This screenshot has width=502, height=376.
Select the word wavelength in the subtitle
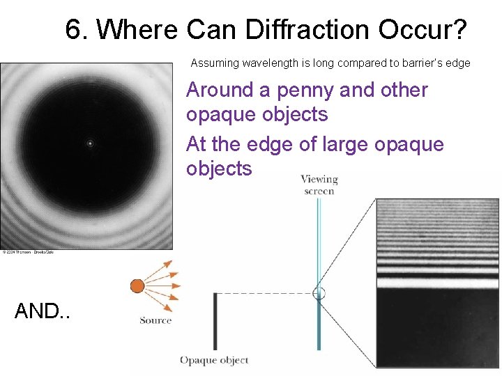267,63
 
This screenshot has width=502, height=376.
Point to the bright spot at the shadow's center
89,144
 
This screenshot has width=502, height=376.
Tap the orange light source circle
137,285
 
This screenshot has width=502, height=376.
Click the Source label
155,320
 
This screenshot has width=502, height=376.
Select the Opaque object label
214,360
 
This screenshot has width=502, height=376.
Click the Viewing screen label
319,185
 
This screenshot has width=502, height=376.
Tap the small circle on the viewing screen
319,293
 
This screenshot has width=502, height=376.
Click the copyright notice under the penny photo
28,252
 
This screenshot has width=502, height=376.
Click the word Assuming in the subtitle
215,63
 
